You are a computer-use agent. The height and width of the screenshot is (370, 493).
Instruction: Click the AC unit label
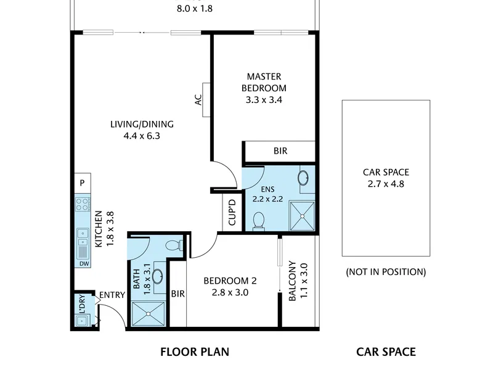coord(198,100)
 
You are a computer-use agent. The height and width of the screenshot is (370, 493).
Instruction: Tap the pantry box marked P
coord(83,183)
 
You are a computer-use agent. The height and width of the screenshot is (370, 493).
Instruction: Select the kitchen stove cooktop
coord(83,204)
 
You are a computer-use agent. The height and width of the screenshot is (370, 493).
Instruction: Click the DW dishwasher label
coord(84,264)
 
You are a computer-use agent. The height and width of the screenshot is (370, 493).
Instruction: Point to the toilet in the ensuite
coord(259,221)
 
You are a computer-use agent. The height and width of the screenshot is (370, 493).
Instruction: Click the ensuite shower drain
coord(302,216)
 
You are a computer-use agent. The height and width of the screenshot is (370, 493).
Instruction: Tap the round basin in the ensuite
coord(303,178)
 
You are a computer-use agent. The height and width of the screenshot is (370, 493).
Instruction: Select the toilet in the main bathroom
coord(174,245)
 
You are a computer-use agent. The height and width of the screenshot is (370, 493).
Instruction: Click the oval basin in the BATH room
coord(158,276)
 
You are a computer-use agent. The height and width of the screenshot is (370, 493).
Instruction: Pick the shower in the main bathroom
coord(148,314)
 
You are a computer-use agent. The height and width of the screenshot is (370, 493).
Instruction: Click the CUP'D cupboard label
coord(232,212)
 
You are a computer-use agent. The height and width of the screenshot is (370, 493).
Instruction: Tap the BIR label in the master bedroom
coord(280,151)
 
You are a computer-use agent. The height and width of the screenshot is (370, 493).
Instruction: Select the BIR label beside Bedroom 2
coord(178,294)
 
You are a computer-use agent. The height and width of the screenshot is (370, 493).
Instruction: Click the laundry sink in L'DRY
coord(82,321)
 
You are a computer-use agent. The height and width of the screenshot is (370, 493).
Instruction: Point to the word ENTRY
coord(112,295)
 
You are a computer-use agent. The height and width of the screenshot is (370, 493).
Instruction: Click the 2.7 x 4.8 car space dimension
coord(386,184)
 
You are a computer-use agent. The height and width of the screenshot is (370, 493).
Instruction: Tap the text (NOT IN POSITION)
coord(386,272)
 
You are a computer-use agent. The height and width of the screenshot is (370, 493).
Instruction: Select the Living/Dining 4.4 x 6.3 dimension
coord(142,136)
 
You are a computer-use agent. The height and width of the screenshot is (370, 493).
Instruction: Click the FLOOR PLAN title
coord(195,351)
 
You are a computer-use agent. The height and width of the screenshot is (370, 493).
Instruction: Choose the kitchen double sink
coord(83,237)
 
